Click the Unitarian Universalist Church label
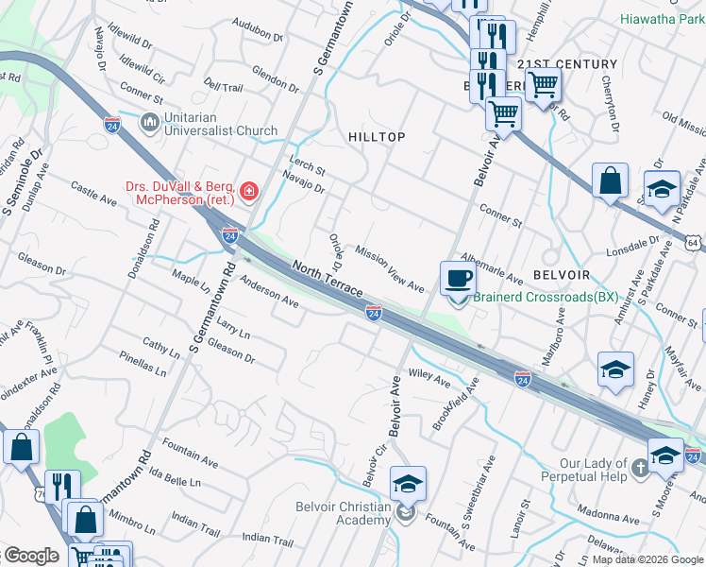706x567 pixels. pos(209,123)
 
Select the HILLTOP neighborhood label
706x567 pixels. pos(377,137)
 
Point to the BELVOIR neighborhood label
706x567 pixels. pos(562,274)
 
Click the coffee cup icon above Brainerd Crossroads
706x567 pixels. pos(459,278)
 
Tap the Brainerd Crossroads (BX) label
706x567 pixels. pos(546,297)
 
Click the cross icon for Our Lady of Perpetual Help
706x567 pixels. pos(641,468)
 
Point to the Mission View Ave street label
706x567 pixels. pos(389,268)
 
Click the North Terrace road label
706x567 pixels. pos(327,281)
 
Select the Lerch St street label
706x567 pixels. pos(307,169)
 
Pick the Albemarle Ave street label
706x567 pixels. pos(490,273)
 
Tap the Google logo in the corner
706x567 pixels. pos(30,556)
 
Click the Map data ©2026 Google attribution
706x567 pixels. pos(647,559)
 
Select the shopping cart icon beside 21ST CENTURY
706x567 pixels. pos(543,84)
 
